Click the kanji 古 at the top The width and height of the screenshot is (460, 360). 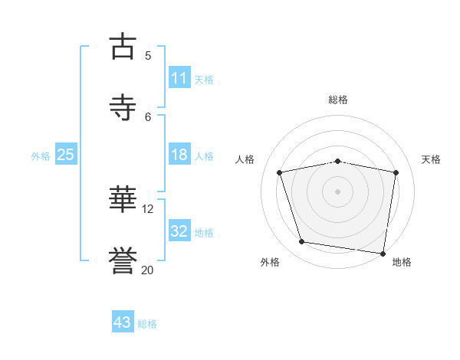123,46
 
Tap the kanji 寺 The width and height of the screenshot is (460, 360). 123,107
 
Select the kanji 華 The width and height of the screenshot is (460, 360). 123,201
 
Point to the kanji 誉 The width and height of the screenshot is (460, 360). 123,261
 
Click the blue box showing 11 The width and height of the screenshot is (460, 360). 179,78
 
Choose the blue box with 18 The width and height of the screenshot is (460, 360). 179,155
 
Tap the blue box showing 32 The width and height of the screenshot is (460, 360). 179,231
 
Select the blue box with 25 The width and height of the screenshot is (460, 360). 66,155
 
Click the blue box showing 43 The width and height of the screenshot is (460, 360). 123,322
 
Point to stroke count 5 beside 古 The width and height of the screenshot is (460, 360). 148,55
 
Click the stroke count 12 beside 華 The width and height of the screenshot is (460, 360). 148,208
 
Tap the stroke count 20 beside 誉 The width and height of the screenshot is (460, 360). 148,270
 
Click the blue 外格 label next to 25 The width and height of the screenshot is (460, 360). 41,155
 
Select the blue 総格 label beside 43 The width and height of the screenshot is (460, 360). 147,324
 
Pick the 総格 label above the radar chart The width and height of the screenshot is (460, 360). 338,100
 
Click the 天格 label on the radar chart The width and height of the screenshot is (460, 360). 432,159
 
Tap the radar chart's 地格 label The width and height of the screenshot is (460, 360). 402,262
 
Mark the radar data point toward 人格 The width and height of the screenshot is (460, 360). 280,172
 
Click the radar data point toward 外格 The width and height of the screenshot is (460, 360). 302,242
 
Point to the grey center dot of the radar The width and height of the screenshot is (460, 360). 338,191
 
